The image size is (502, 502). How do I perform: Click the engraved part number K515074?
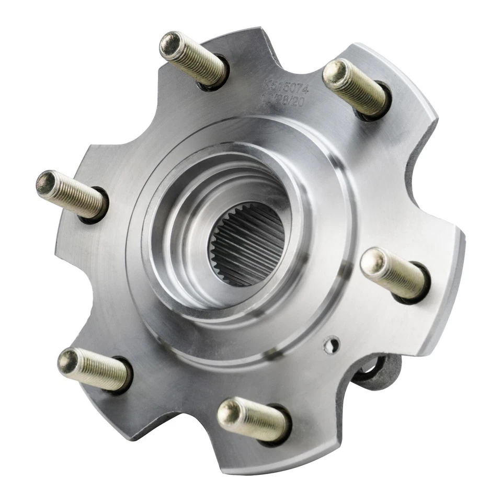286,86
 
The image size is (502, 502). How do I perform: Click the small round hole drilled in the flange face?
330,344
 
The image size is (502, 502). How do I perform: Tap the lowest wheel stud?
254,418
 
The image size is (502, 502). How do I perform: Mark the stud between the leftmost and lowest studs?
94,369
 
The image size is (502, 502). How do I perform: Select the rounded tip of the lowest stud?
227,410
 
